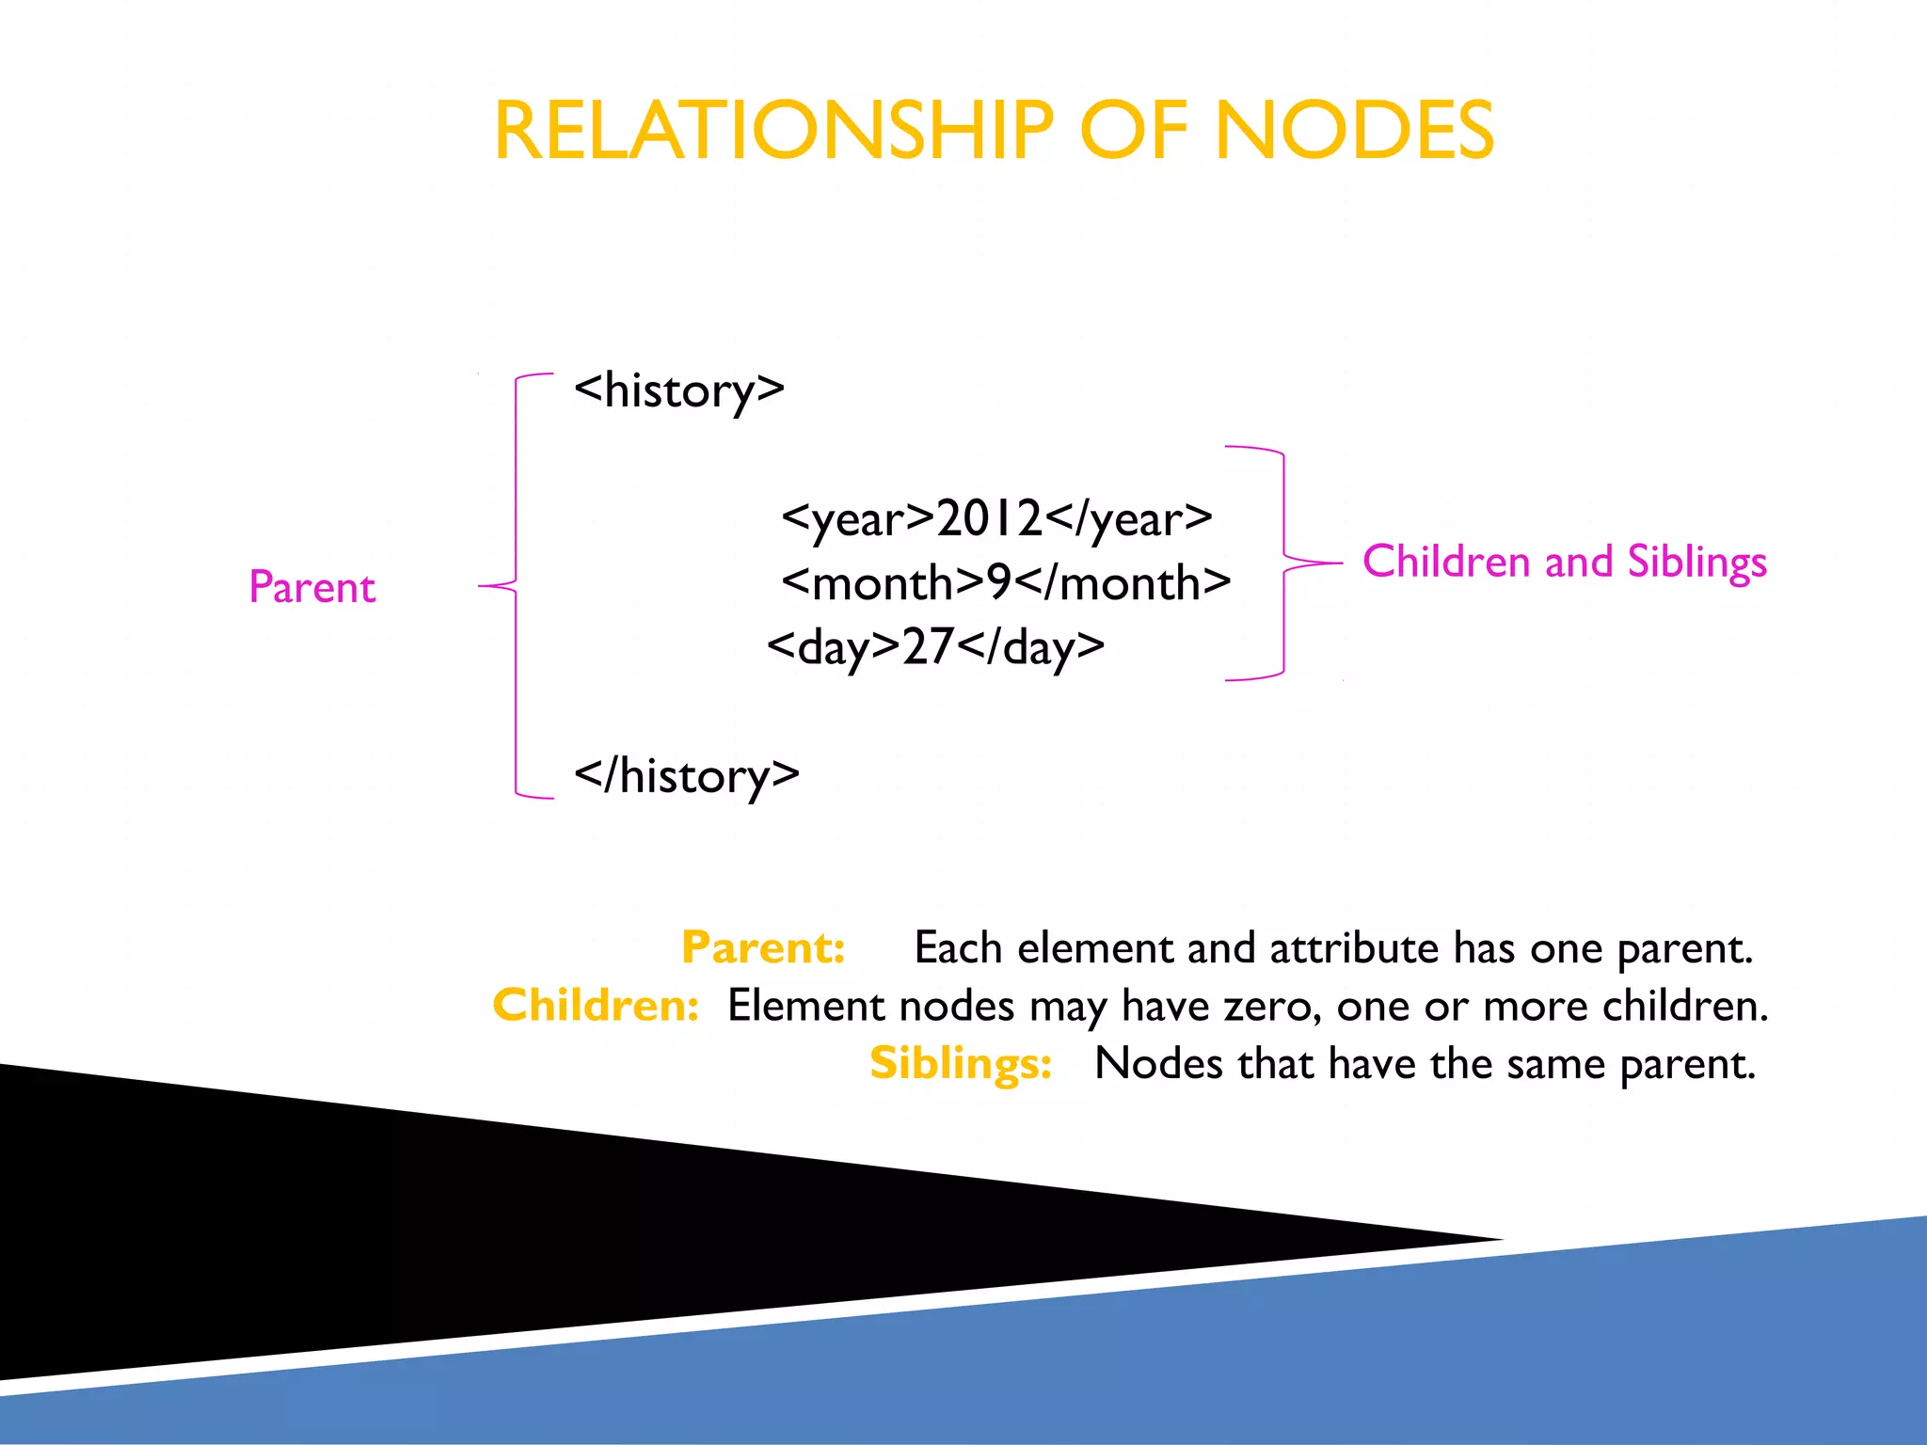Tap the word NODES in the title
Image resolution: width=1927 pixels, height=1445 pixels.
[x=1354, y=131]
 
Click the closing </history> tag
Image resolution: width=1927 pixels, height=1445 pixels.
[x=687, y=776]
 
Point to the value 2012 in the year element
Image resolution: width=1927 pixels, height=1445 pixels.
[x=989, y=517]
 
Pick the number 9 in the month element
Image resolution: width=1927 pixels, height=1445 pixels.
[x=998, y=582]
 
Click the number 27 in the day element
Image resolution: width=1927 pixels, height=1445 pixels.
[x=928, y=646]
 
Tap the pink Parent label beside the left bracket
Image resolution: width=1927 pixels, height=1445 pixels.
[x=312, y=587]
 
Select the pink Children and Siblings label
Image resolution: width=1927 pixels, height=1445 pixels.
[x=1565, y=562]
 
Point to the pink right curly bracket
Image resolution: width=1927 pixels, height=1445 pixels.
[x=1284, y=563]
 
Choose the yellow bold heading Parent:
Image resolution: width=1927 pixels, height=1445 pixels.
[x=763, y=947]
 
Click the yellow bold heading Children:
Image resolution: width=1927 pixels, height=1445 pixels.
[x=596, y=1005]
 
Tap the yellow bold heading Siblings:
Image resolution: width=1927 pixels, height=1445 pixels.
[x=961, y=1063]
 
